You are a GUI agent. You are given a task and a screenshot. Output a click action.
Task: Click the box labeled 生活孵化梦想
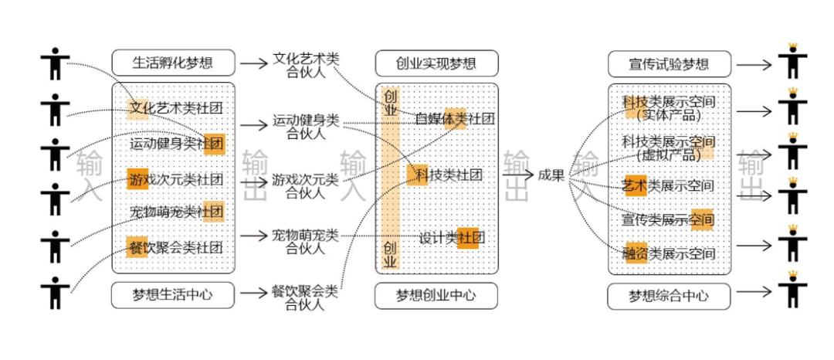173,63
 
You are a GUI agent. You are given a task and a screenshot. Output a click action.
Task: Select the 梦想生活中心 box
173,294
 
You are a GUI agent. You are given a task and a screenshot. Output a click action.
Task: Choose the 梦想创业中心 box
436,295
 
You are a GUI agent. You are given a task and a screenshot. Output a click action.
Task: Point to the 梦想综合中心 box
670,295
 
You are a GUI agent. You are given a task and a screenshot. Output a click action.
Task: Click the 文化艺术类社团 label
177,108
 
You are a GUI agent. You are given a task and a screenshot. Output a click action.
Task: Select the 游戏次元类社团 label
177,180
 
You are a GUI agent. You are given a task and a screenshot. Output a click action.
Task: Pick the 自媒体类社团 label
454,118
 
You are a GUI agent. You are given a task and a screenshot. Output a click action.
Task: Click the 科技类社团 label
449,175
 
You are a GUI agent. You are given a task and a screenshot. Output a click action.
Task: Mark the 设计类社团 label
452,237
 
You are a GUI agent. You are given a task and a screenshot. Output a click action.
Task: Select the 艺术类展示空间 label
669,186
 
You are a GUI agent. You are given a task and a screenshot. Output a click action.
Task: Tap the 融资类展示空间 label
669,253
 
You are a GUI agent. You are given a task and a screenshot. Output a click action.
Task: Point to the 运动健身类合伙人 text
306,127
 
